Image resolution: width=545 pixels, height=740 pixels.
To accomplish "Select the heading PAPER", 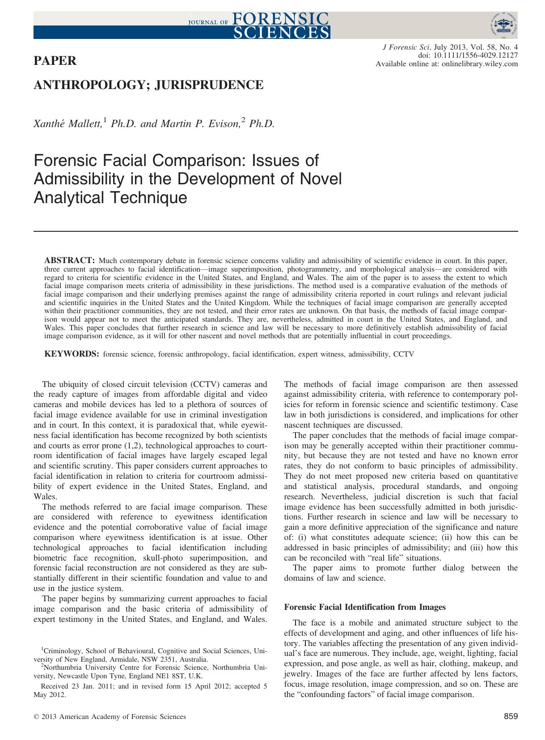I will pyautogui.click(x=55, y=61).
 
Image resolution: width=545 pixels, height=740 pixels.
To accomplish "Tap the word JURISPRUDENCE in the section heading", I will pyautogui.click(x=208, y=85).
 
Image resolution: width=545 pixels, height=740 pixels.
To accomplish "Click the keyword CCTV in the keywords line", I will pyautogui.click(x=404, y=354).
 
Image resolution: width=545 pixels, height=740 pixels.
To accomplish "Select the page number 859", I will pyautogui.click(x=511, y=716).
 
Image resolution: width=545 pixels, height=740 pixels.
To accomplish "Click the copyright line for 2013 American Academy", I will pyautogui.click(x=110, y=717).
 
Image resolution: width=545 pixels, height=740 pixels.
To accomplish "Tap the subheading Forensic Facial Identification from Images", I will pyautogui.click(x=365, y=607).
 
